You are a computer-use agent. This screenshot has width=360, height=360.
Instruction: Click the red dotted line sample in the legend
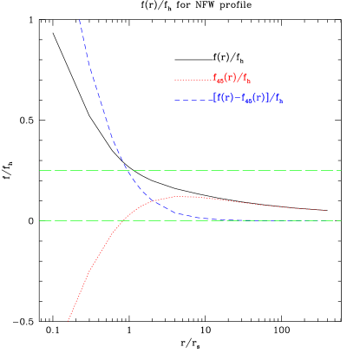pyautogui.click(x=193, y=80)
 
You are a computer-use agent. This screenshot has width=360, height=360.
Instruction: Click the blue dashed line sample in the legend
pyautogui.click(x=193, y=100)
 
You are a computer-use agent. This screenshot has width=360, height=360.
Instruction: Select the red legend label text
pyautogui.click(x=232, y=79)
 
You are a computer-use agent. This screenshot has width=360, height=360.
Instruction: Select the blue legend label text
pyautogui.click(x=248, y=99)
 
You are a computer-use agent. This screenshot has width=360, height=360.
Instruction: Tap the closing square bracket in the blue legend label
pyautogui.click(x=269, y=99)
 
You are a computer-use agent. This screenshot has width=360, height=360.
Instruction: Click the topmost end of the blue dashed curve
pyautogui.click(x=80, y=19)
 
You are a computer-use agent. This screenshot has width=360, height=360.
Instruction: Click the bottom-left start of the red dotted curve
pyautogui.click(x=69, y=320)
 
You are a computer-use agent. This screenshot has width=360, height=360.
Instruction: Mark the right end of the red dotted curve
pyautogui.click(x=327, y=210)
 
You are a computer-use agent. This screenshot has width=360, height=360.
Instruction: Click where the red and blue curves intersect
pyautogui.click(x=154, y=201)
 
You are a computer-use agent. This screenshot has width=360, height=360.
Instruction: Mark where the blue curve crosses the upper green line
pyautogui.click(x=128, y=171)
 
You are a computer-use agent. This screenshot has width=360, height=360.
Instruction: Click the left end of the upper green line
pyautogui.click(x=39, y=171)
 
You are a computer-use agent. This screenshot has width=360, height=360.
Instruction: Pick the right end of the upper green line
pyautogui.click(x=342, y=171)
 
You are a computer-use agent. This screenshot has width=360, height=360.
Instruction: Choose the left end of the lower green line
pyautogui.click(x=39, y=220)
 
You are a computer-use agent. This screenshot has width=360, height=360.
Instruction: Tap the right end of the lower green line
pyautogui.click(x=342, y=220)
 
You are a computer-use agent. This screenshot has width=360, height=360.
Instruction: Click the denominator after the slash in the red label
pyautogui.click(x=247, y=80)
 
